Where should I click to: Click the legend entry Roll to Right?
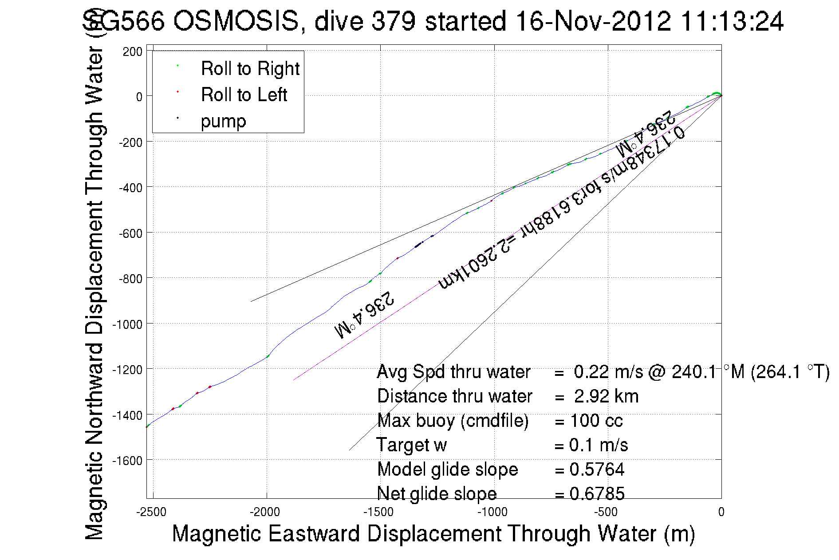250,69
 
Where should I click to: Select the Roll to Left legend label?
244,95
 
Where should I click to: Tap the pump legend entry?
223,121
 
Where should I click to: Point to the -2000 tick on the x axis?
265,512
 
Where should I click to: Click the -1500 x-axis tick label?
378,512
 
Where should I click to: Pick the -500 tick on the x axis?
606,512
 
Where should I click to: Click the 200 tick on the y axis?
133,52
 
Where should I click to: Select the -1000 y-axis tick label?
127,324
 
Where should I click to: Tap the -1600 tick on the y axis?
127,461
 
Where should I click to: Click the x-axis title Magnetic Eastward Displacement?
433,533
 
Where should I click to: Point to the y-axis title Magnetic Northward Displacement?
94,293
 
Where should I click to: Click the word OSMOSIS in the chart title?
236,21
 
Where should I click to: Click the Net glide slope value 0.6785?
597,493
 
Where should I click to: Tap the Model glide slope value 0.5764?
597,469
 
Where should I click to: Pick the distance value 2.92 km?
606,396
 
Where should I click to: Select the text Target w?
411,445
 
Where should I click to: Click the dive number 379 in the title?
393,21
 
